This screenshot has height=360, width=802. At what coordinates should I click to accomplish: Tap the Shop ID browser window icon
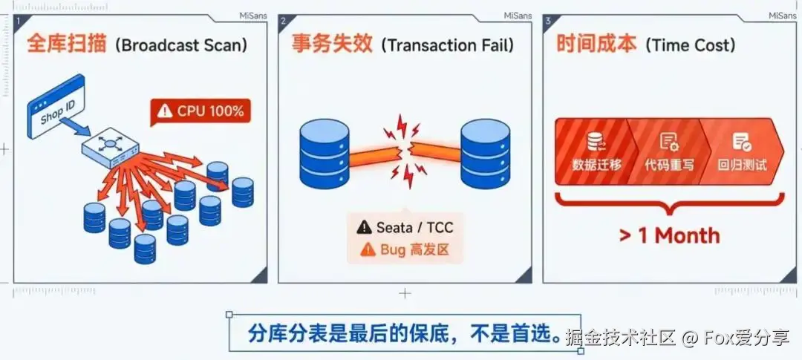[56, 106]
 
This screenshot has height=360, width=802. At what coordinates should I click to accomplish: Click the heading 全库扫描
[67, 45]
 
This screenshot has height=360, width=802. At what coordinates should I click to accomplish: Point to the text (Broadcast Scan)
[181, 45]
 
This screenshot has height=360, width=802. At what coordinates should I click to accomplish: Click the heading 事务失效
[332, 45]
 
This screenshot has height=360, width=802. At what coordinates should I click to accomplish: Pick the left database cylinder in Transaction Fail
[325, 154]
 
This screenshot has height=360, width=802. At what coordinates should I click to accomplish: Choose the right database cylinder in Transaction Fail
[486, 154]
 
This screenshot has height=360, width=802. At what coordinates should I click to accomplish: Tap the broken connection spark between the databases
[405, 152]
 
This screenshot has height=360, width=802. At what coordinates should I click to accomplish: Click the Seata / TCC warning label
[405, 226]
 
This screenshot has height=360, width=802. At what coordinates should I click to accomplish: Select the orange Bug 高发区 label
[405, 249]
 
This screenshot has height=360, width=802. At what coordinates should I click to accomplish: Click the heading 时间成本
[597, 45]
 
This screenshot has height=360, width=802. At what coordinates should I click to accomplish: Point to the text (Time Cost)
[691, 45]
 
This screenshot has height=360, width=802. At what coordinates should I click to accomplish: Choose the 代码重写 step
[668, 151]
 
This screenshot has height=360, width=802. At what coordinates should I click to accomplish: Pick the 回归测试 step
[742, 151]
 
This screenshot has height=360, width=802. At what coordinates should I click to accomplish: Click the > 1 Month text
[669, 236]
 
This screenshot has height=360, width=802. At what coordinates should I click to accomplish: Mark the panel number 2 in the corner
[283, 21]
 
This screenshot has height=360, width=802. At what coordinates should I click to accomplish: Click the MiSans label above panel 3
[783, 16]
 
